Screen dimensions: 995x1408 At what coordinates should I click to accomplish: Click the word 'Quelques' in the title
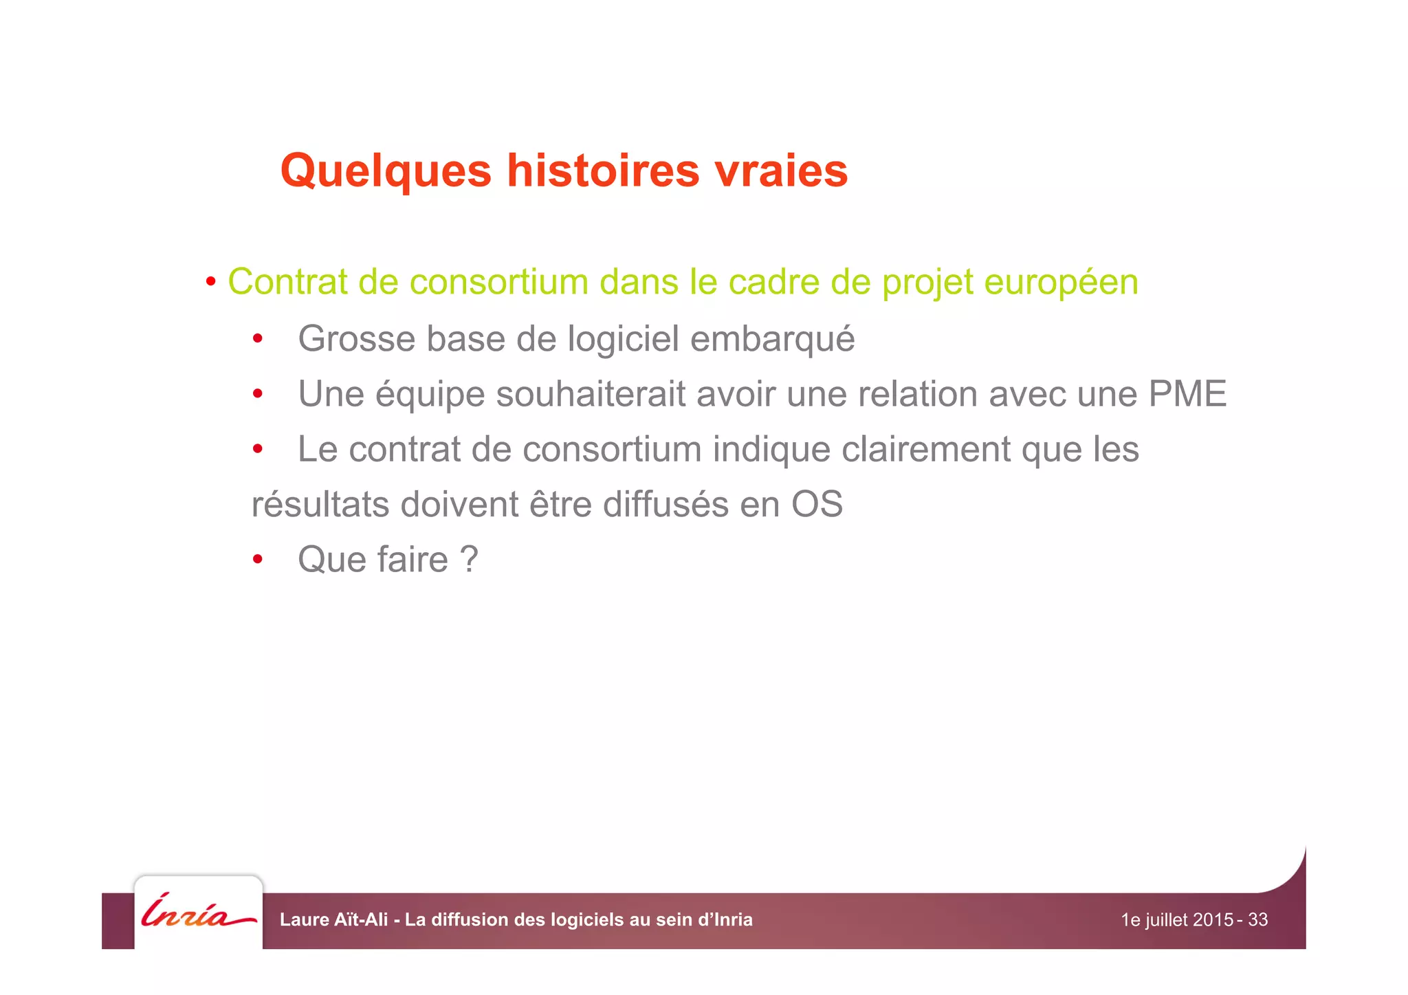click(386, 171)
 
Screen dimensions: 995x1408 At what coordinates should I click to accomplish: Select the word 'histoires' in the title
click(603, 171)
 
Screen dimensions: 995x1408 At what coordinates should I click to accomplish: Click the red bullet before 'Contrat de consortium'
click(211, 282)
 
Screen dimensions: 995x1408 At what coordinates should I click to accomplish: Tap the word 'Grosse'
click(357, 339)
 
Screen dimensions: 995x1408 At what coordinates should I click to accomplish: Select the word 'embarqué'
click(772, 340)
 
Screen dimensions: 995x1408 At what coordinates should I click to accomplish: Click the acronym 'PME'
click(1187, 394)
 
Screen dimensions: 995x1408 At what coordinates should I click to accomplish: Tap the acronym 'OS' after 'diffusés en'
click(817, 505)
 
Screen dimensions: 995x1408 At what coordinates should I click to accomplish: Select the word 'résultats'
click(320, 505)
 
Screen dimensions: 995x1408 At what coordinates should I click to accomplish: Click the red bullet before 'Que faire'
click(257, 560)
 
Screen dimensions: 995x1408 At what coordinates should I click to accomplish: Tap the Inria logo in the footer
click(198, 914)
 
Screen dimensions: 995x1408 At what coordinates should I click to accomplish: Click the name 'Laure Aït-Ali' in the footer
click(333, 920)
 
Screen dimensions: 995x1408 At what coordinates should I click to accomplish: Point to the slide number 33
click(1257, 920)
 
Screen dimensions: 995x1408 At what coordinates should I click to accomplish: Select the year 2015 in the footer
click(1213, 920)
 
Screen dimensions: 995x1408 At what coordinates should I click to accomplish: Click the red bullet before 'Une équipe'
click(257, 395)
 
